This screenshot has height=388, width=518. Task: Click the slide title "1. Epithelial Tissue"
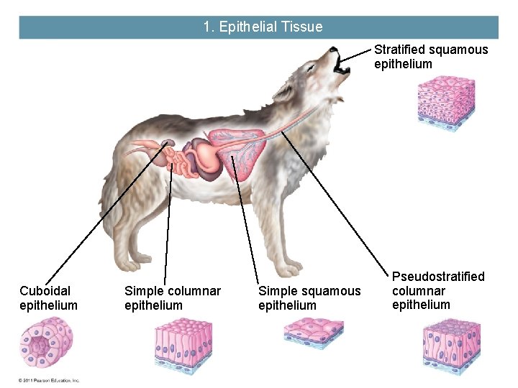coord(263,27)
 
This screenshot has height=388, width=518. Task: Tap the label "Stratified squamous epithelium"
coord(430,57)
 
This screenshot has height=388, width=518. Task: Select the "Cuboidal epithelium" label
coord(48,298)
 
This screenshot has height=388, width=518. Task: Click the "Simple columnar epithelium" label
coord(173,298)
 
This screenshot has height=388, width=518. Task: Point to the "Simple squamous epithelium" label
coord(309,298)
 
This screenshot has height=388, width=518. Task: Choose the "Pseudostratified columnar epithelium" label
coord(438,290)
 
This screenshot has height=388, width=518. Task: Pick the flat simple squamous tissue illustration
coord(313,333)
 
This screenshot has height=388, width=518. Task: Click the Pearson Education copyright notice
coord(49,380)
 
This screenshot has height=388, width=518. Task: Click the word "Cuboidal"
coord(45,291)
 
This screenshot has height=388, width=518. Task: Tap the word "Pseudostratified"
coord(438,277)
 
